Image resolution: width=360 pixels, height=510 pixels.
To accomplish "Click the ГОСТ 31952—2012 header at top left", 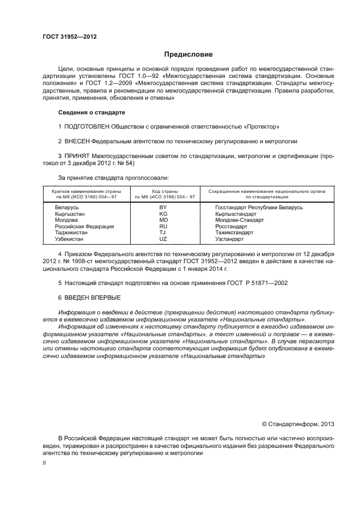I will click(69, 37).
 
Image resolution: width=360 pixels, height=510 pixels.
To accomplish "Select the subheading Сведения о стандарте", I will click(91, 112).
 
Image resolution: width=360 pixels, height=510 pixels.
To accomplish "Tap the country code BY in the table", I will click(162, 208).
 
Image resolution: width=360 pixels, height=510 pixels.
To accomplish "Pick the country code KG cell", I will click(162, 214).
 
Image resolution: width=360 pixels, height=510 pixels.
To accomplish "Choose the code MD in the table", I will click(162, 220).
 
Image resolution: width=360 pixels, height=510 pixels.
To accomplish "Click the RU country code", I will click(162, 227).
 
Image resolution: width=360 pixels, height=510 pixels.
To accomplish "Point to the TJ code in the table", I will click(162, 233).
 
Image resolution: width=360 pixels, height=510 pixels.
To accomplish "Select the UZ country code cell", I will click(162, 239).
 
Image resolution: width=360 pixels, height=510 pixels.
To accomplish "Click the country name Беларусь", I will click(67, 208).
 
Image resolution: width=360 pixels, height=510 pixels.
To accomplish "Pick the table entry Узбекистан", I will click(71, 239).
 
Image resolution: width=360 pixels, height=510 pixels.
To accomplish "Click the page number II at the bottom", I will click(45, 463).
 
